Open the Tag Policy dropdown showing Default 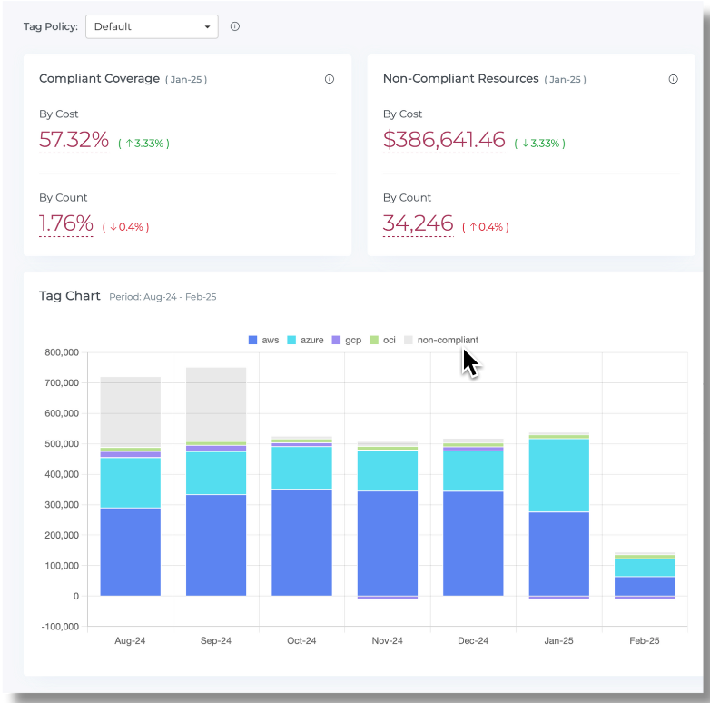point(152,26)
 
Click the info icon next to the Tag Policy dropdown point(235,26)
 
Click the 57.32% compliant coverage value point(74,140)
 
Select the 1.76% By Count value point(66,223)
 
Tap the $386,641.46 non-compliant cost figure point(444,140)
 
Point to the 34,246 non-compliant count point(418,223)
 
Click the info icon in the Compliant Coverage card point(330,79)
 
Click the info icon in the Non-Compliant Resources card point(674,79)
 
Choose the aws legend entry point(263,340)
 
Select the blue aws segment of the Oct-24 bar point(301,542)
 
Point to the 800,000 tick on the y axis point(62,352)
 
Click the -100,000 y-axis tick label point(60,627)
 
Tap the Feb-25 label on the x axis point(645,640)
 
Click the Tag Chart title point(69,296)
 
